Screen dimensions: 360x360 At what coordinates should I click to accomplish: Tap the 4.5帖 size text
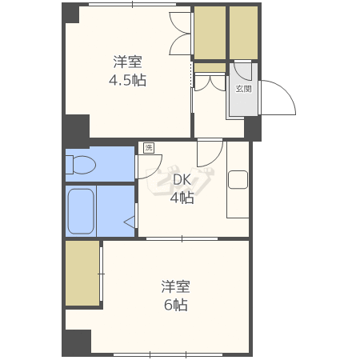click(x=128, y=80)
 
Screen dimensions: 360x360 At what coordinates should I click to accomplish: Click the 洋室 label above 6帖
click(x=175, y=286)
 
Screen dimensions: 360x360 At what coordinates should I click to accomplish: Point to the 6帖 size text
click(x=176, y=305)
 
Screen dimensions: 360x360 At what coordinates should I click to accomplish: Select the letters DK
click(x=182, y=180)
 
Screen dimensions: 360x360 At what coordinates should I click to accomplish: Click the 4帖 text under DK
click(x=182, y=198)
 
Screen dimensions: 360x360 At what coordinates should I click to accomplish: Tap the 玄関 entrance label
click(x=242, y=89)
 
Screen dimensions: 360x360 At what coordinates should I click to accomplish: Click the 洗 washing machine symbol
click(x=147, y=147)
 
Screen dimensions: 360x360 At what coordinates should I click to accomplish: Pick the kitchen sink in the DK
click(x=238, y=180)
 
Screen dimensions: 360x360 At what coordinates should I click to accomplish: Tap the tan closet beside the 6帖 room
click(x=82, y=272)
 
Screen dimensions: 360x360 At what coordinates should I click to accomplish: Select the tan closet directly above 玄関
click(x=243, y=32)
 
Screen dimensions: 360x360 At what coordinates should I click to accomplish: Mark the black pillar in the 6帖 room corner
click(x=77, y=342)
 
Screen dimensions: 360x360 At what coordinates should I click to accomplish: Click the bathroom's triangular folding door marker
click(x=127, y=221)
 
